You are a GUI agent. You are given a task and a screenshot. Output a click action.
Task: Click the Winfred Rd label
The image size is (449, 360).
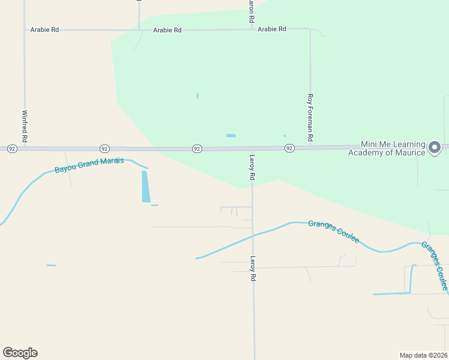pos(25,125)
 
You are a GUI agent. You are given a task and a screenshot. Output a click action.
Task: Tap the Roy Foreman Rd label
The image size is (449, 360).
pos(310,118)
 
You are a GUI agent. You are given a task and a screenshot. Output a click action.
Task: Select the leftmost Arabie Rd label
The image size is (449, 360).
pos(44,29)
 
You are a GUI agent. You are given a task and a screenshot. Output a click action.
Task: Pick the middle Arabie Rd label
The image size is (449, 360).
pos(167,30)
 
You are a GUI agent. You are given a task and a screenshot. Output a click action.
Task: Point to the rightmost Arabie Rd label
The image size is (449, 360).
pos(272,29)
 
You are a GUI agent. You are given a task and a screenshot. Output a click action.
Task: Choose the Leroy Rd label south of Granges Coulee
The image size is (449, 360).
pos(253,269)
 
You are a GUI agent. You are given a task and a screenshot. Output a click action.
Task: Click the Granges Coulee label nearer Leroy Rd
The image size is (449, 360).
pos(333,232)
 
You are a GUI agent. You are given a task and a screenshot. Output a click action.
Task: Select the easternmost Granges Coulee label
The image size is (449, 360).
pos(434,266)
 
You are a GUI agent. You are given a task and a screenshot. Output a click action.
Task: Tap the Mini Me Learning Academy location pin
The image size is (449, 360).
pos(435,147)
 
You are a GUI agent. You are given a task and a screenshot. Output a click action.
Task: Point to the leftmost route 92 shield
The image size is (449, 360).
pos(11,148)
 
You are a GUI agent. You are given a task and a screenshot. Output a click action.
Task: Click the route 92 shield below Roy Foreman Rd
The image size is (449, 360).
pos(289,148)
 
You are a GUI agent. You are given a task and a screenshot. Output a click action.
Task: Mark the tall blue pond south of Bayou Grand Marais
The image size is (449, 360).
pos(146,186)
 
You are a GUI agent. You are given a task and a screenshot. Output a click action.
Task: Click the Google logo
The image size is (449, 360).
pos(20,353)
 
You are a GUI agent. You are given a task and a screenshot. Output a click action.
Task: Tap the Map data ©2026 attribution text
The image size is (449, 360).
pos(423,355)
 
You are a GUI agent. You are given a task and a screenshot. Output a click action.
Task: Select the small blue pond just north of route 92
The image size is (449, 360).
pos(231,136)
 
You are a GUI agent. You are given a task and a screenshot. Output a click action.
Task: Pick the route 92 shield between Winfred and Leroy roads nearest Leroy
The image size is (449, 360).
pos(196,148)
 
